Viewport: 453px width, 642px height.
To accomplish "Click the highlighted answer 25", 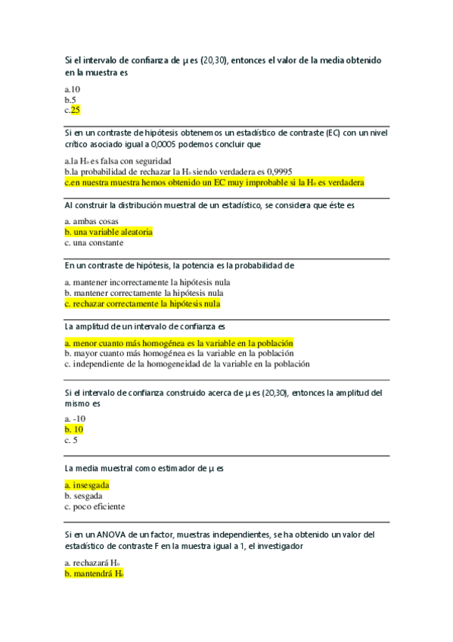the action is coord(75,110).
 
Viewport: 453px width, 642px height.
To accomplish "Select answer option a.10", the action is coord(73,89).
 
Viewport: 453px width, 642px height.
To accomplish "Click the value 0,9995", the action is coord(276,171).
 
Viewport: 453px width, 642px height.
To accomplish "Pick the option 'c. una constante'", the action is coord(94,243).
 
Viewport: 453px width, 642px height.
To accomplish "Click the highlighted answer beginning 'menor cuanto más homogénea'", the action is coord(178,343).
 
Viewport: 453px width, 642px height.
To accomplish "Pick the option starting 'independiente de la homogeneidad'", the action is coord(187,364).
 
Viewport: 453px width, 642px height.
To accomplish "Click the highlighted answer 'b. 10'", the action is coord(74,429).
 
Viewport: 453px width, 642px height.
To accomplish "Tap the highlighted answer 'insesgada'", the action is coord(87,485).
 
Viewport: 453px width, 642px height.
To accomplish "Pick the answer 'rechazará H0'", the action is coord(92,563).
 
